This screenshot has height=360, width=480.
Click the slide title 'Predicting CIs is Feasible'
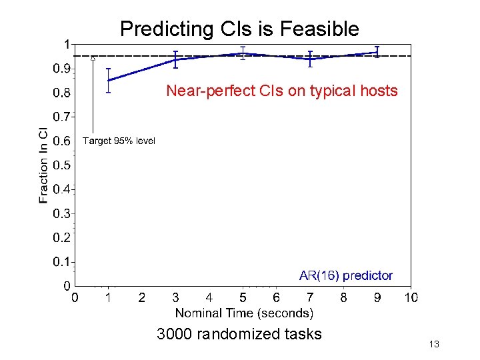[x=239, y=29]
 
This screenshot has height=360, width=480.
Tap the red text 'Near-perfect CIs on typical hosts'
[x=281, y=91]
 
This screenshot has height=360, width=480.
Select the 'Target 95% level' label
[x=119, y=141]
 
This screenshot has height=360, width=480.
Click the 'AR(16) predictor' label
[x=346, y=275]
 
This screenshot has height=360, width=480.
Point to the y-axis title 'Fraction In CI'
[x=43, y=165]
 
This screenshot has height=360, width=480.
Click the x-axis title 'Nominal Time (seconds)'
[x=244, y=313]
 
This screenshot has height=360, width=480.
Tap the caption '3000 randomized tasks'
[x=239, y=334]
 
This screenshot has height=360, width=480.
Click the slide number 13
[x=434, y=345]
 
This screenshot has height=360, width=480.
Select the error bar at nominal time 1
[x=109, y=80]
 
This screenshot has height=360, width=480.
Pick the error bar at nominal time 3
[x=175, y=59]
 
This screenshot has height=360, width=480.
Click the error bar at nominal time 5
[x=243, y=53]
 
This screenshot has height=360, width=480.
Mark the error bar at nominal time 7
[x=310, y=59]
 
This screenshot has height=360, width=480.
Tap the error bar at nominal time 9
[x=377, y=52]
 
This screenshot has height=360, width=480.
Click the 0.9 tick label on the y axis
[x=61, y=68]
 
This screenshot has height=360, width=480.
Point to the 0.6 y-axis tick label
[x=61, y=141]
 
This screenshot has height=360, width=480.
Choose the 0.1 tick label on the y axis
[x=61, y=262]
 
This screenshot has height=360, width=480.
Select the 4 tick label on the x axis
[x=209, y=297]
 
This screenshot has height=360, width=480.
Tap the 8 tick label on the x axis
[x=343, y=297]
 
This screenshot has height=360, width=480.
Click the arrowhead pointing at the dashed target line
[x=93, y=59]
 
